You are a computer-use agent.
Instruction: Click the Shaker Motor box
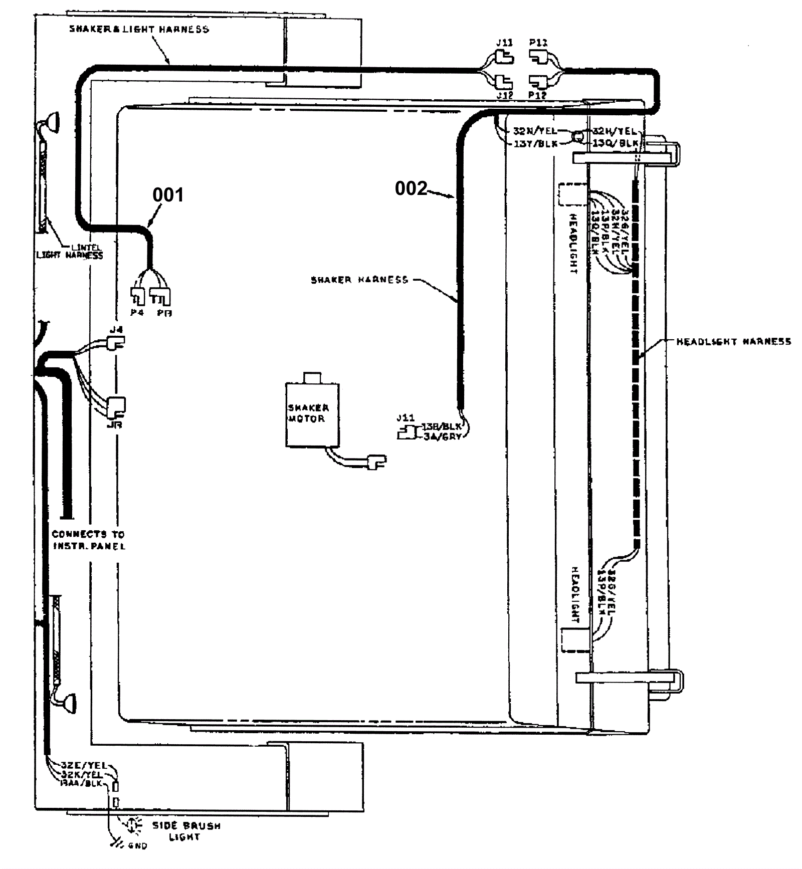click(312, 414)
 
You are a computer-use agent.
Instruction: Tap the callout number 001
click(168, 194)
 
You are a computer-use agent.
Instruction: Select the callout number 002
click(411, 188)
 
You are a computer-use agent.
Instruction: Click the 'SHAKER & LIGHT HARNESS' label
click(139, 29)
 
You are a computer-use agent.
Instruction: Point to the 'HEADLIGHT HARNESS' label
click(734, 342)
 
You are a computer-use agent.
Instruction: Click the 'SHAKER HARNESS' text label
click(359, 280)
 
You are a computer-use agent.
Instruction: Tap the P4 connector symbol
click(137, 296)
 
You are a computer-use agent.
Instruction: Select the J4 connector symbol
click(116, 343)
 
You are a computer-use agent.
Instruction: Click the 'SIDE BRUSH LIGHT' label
click(186, 831)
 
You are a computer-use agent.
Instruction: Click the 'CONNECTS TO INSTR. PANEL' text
click(88, 540)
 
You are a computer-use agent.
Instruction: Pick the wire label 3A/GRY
click(442, 437)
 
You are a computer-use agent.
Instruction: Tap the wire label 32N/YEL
click(535, 131)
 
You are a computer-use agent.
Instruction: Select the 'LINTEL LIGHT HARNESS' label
click(70, 252)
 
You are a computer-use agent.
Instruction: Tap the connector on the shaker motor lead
click(377, 461)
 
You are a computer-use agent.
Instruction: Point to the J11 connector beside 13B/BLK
click(407, 432)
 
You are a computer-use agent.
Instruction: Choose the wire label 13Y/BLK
click(535, 144)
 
